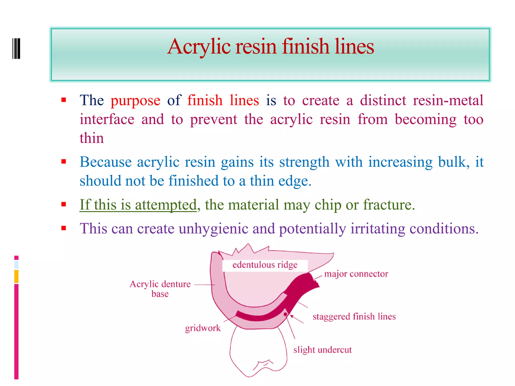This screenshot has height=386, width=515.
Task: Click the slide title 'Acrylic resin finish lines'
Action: point(271,47)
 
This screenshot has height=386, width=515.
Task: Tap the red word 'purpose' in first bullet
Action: point(135,101)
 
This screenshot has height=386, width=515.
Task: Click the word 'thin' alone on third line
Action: point(92,138)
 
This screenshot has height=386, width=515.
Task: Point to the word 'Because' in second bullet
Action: point(106,162)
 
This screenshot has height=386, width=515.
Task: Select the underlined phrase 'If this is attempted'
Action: point(138,205)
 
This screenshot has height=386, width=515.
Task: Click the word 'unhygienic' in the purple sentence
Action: point(213,229)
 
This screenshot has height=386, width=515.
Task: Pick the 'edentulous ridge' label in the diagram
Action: point(265,265)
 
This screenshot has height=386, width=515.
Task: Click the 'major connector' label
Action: point(356,274)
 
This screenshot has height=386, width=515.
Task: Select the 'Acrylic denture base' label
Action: point(160,288)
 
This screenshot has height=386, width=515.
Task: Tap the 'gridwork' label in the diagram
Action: point(203,328)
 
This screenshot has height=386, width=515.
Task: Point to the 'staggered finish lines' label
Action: point(354,316)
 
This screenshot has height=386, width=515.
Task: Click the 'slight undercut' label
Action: point(322,350)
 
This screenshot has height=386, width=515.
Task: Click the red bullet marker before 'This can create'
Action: point(64,228)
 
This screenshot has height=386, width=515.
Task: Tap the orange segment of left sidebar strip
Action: point(16,276)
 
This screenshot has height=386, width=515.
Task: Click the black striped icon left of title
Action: point(16,49)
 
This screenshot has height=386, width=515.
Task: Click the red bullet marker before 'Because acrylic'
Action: point(64,161)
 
